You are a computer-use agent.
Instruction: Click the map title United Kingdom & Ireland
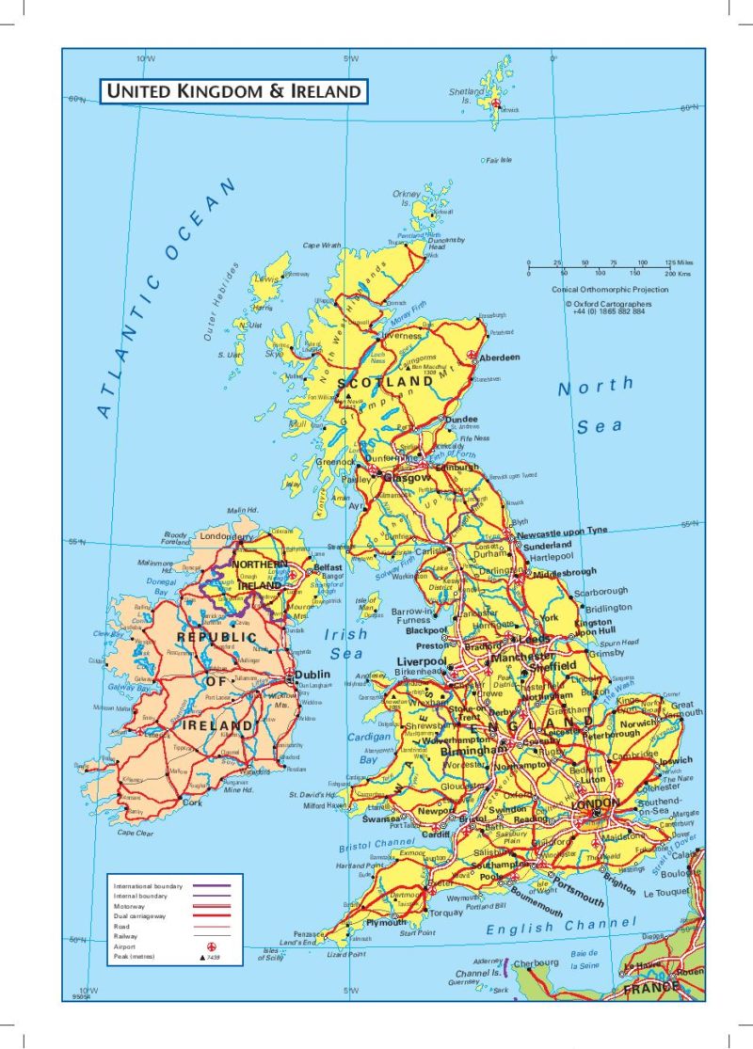coord(233,91)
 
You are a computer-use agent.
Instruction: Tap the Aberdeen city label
coord(499,358)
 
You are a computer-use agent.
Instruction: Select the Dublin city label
coord(312,675)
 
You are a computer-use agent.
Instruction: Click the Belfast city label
coord(328,568)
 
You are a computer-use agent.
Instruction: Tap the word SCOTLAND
coord(385,383)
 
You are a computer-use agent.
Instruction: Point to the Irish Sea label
coord(345,644)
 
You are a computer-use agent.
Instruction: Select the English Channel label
coord(561,927)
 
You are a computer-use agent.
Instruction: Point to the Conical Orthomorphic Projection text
coord(610,289)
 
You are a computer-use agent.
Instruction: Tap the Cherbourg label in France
coord(534,962)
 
